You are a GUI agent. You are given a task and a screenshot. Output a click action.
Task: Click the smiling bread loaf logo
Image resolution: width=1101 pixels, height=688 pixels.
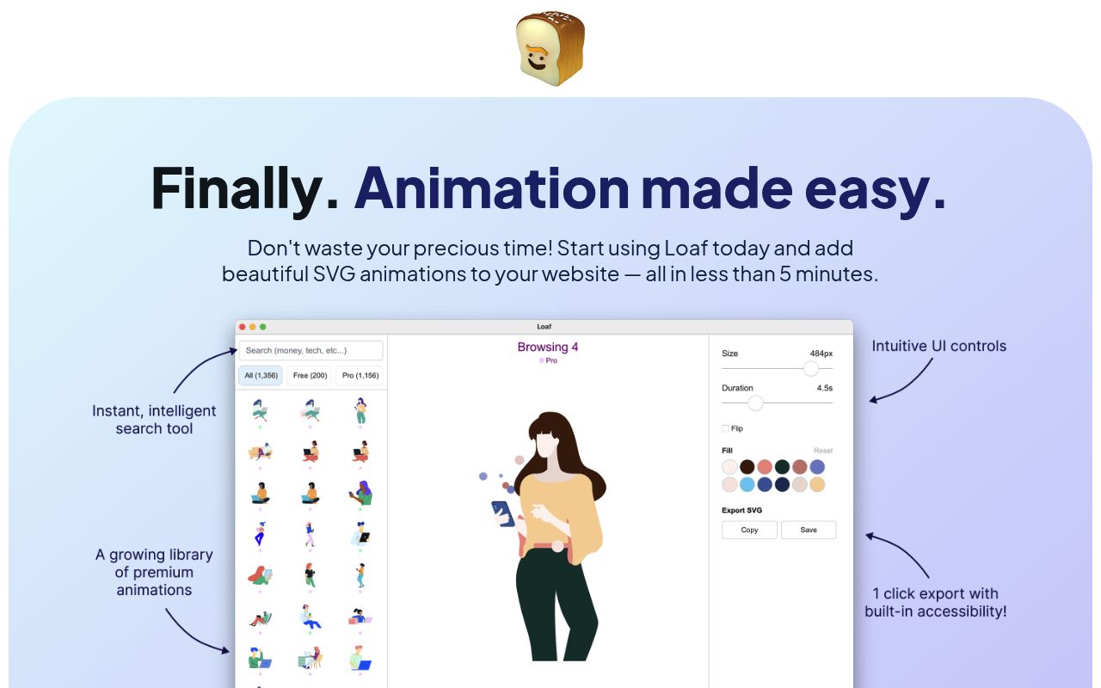pos(550,49)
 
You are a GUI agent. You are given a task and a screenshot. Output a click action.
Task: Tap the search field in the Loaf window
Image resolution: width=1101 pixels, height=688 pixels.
pos(311,350)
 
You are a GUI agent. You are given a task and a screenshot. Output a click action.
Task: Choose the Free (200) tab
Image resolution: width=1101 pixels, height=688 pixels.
pos(310,376)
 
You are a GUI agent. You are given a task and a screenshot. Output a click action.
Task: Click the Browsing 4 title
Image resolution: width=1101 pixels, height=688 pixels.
pos(547,347)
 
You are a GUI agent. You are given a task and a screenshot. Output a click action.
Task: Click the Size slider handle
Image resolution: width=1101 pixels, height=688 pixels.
pos(810,368)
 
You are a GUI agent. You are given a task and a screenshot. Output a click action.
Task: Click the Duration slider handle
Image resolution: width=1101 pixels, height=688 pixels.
pos(755,402)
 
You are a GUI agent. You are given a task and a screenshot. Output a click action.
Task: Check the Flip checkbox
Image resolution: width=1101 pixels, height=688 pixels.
pos(725,428)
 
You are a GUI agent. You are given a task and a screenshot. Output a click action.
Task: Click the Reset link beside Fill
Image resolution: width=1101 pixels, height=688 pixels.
pos(823,451)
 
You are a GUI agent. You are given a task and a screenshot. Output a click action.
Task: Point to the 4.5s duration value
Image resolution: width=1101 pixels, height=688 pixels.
pos(824,388)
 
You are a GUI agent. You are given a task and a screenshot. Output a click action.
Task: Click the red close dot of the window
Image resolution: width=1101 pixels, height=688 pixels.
pos(243,327)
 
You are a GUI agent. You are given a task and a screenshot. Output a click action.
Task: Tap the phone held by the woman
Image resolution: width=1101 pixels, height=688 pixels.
pos(502,513)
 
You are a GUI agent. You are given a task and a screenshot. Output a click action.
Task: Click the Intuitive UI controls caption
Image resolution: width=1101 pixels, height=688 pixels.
pos(938,347)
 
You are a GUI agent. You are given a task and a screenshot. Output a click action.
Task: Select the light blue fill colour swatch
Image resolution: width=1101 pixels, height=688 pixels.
pos(747,484)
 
